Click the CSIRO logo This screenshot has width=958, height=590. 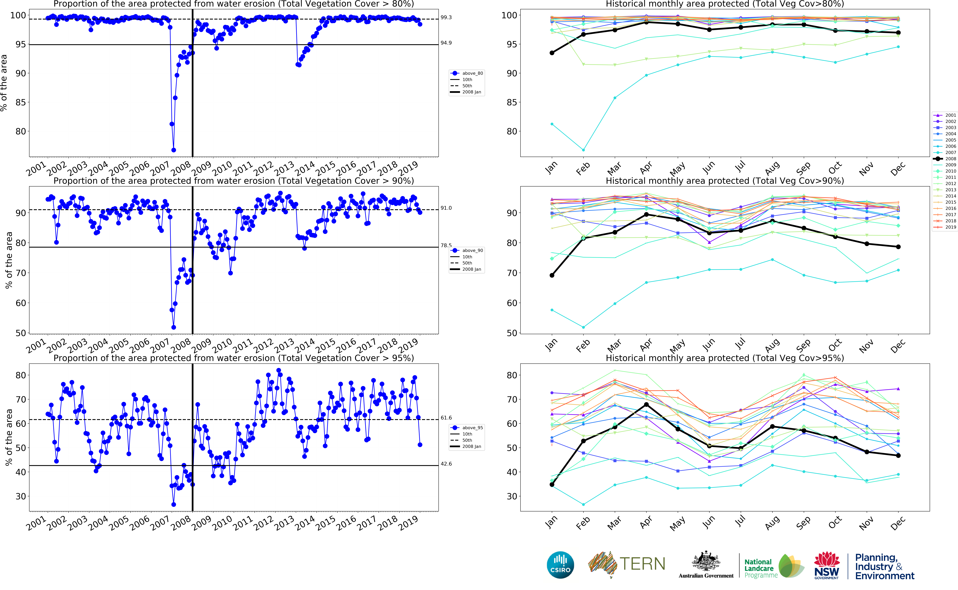coord(560,565)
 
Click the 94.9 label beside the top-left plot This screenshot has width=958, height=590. coord(446,43)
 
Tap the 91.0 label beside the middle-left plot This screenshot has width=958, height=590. coord(446,208)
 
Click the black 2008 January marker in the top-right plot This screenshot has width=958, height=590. coord(552,53)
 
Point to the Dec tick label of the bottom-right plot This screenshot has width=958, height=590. coord(897,523)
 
